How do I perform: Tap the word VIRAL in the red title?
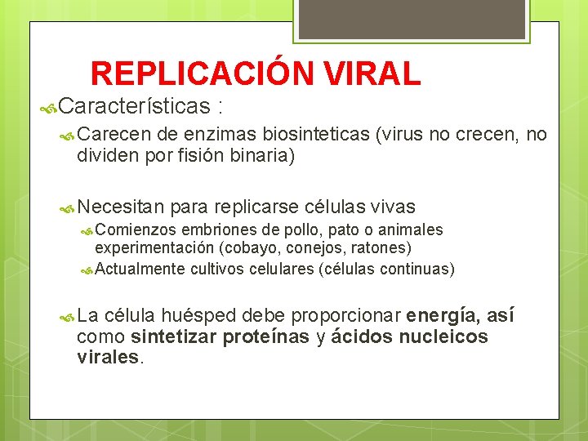pos(372,73)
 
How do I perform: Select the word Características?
pos(135,106)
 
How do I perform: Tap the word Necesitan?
pos(122,207)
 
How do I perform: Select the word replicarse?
pos(256,207)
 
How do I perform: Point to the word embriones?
pos(216,229)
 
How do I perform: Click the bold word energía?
pos(442,316)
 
